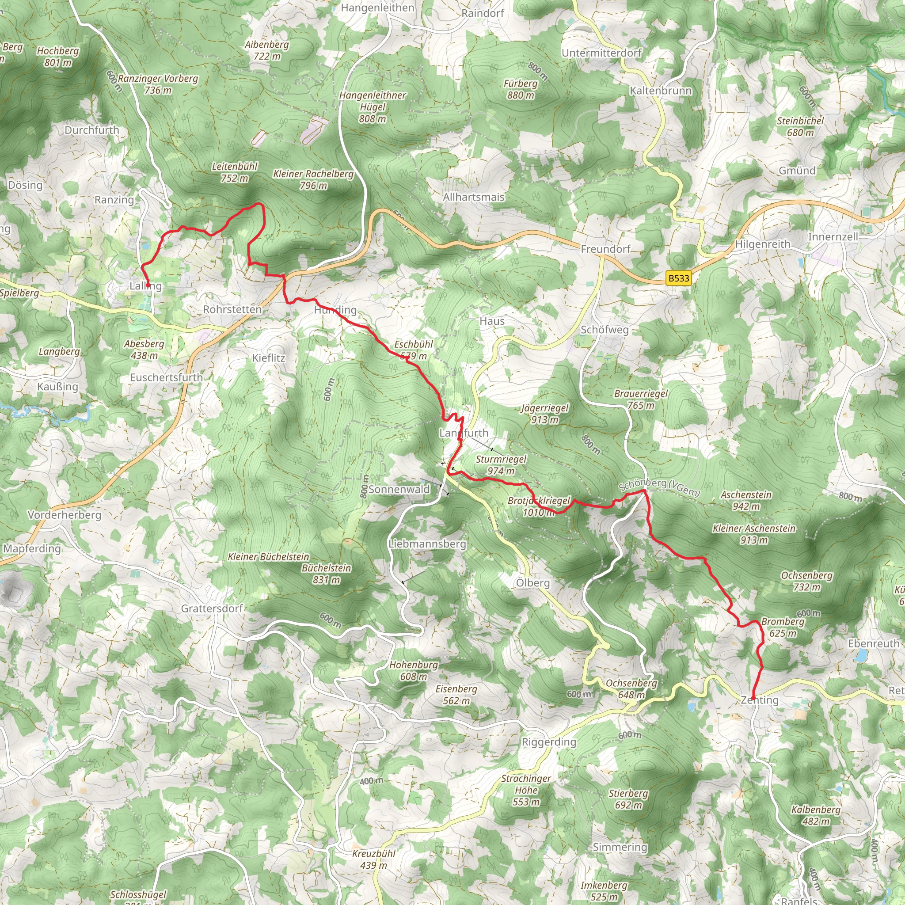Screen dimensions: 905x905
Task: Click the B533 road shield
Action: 678,278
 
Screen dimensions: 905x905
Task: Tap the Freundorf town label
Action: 605,249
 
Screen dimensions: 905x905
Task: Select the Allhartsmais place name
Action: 474,197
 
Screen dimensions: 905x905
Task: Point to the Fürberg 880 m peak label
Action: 520,89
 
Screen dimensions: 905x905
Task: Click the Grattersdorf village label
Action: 212,608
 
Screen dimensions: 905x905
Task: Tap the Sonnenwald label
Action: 399,489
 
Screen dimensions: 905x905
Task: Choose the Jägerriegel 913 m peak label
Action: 544,414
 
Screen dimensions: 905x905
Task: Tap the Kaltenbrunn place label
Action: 660,91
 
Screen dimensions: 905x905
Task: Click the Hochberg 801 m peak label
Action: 57,56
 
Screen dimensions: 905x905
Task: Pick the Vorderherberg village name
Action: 64,515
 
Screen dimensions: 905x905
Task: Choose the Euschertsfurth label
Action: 166,377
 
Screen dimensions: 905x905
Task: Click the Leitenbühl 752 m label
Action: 235,172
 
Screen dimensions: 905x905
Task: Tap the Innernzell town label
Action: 833,236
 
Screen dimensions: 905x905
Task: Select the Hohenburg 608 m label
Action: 413,670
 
